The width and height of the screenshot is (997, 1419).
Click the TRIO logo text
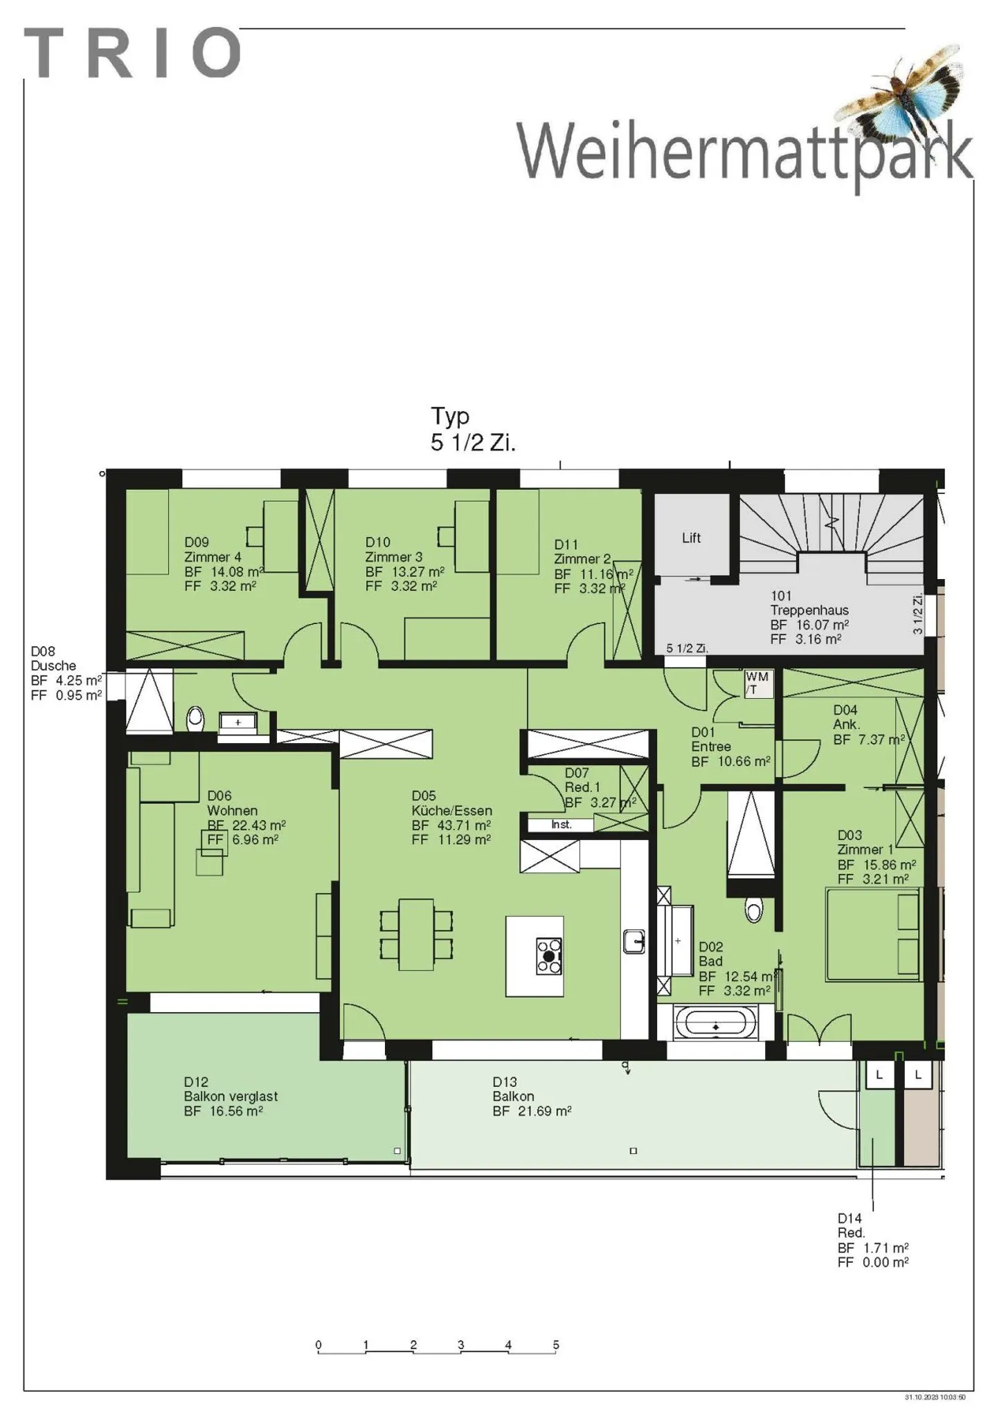tap(132, 53)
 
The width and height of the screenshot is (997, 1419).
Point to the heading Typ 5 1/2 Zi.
tap(472, 429)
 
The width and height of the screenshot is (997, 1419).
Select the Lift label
tap(691, 538)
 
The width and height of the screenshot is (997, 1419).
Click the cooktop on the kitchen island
tap(549, 956)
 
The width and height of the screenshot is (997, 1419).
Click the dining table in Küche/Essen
tap(416, 934)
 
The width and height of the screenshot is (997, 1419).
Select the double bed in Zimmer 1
tap(872, 935)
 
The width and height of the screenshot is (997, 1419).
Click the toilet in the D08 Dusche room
tap(196, 718)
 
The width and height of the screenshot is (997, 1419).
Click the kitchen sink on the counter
tap(634, 941)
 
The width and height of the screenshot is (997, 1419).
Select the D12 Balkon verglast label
tap(231, 1096)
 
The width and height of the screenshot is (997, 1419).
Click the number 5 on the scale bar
tap(555, 1345)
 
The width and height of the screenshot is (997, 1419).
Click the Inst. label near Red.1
tap(561, 825)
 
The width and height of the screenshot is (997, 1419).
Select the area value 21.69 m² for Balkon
tap(544, 1111)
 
